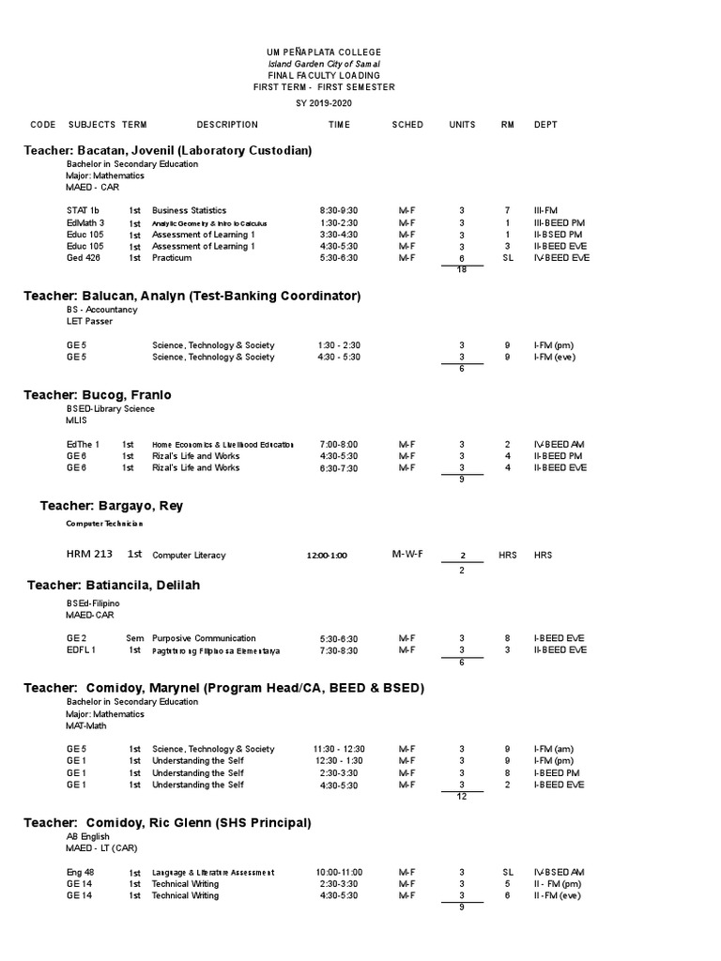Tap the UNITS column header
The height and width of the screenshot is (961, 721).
pyautogui.click(x=462, y=125)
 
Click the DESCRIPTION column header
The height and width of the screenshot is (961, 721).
pyautogui.click(x=227, y=125)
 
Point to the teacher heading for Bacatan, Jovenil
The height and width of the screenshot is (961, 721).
pyautogui.click(x=168, y=150)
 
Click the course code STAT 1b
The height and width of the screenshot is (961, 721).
pyautogui.click(x=83, y=210)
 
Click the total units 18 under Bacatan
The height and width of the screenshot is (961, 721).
pyautogui.click(x=462, y=270)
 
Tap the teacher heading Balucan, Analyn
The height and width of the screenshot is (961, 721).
pyautogui.click(x=192, y=296)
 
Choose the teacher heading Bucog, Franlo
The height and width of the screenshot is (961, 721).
pyautogui.click(x=103, y=395)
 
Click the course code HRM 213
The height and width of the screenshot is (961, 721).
pyautogui.click(x=89, y=555)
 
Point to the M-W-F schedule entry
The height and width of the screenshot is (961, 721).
pyautogui.click(x=407, y=555)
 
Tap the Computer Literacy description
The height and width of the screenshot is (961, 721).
pyautogui.click(x=189, y=556)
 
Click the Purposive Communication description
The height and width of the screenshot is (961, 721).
pyautogui.click(x=204, y=638)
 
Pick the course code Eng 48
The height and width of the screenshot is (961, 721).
pyautogui.click(x=80, y=872)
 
